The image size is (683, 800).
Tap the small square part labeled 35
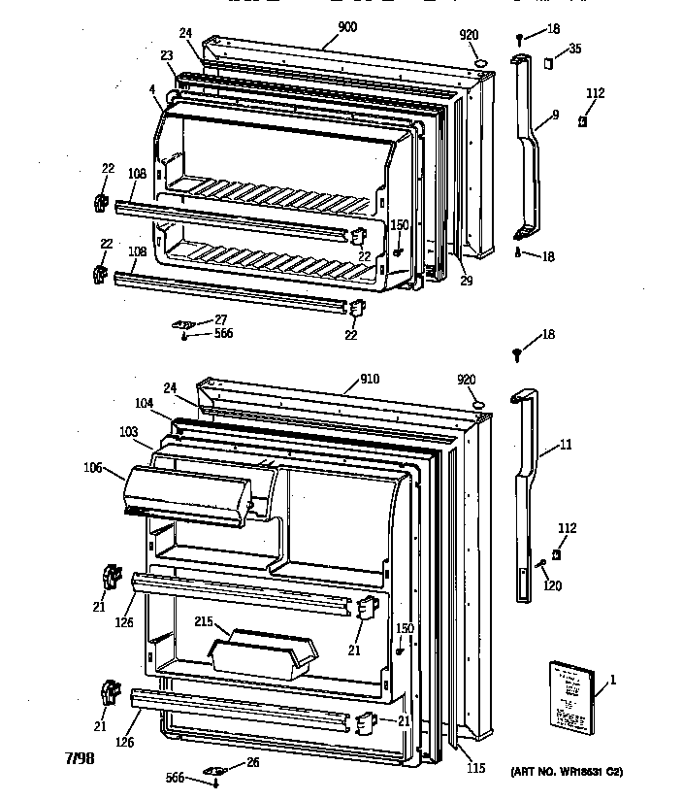(548, 64)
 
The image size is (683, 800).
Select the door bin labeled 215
(263, 654)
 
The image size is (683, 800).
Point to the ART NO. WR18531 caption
(566, 772)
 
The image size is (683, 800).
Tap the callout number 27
(221, 318)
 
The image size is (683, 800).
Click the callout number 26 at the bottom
(253, 763)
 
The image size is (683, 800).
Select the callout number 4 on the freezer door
(152, 91)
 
